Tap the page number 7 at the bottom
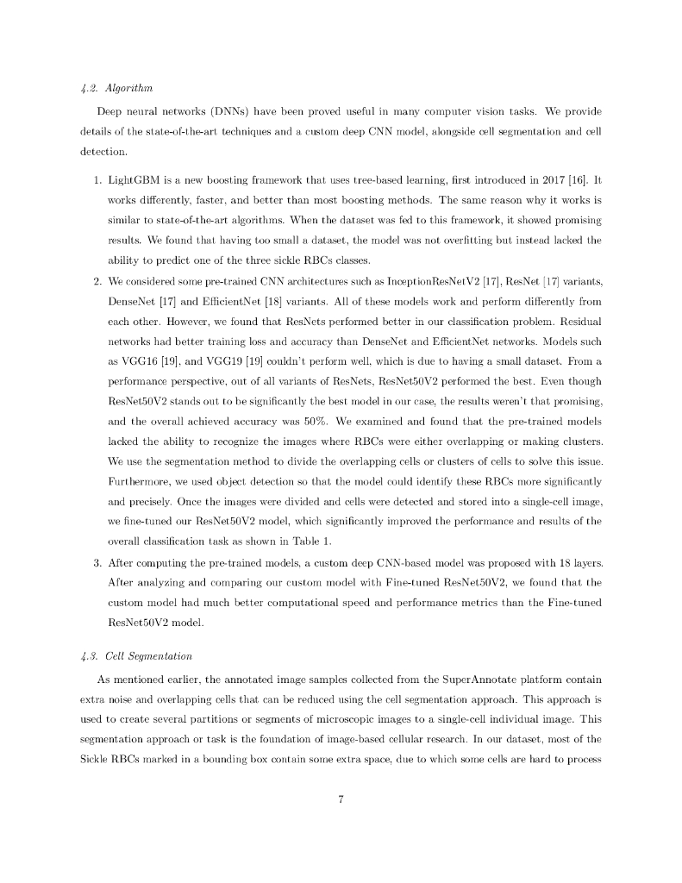pos(341,799)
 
